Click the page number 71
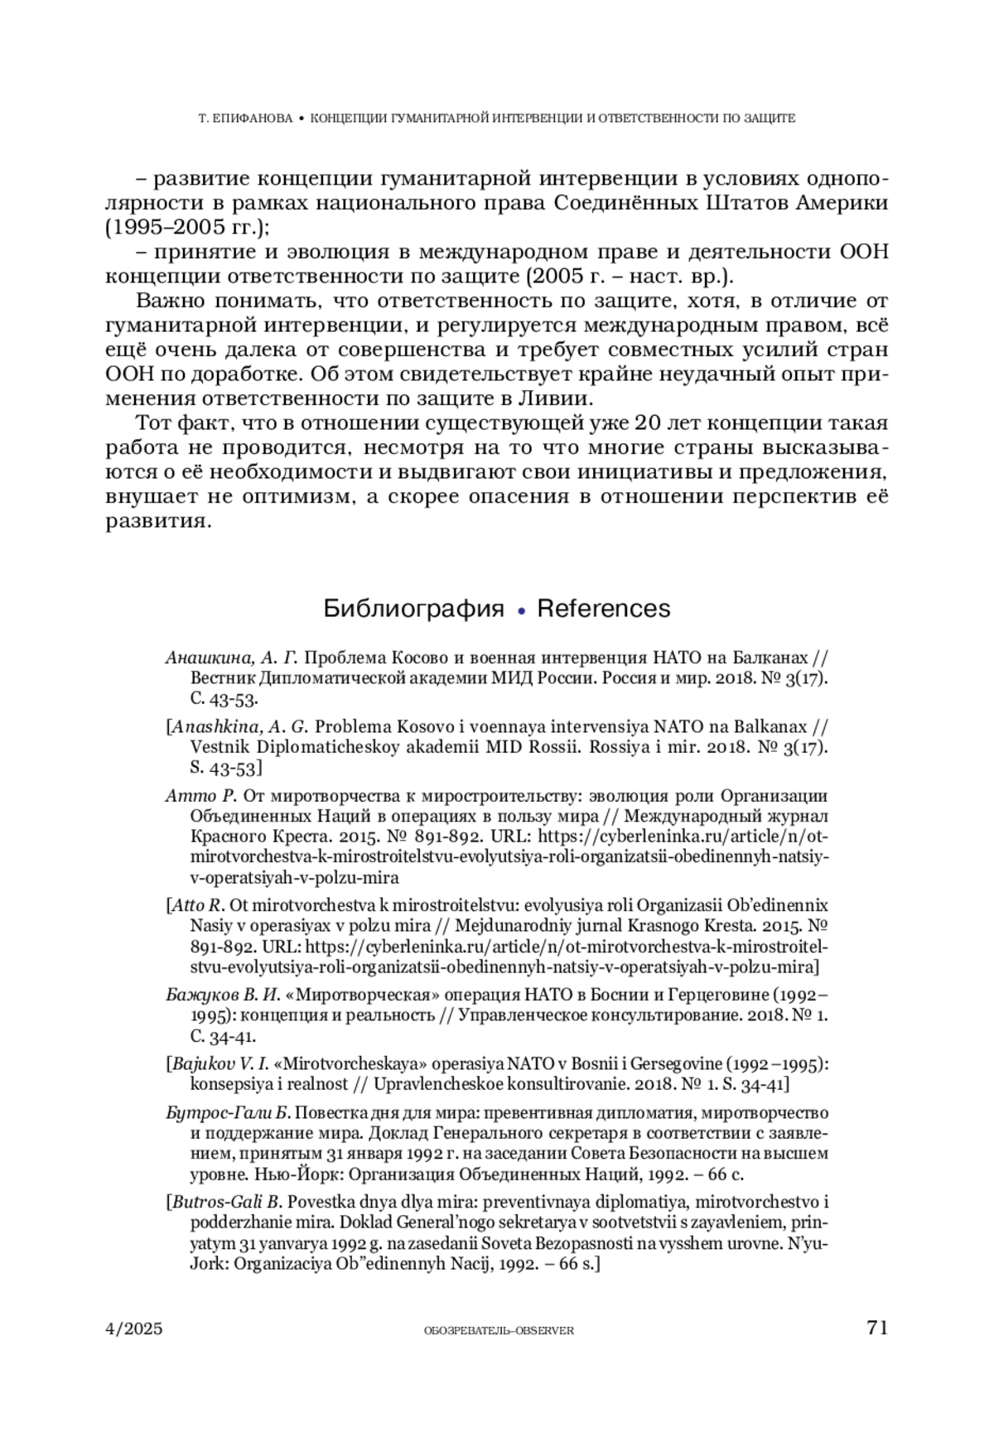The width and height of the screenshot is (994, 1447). click(x=877, y=1328)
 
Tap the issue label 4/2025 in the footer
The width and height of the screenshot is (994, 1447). click(x=134, y=1329)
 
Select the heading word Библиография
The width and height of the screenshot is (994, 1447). click(x=413, y=609)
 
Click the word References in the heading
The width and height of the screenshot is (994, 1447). click(x=604, y=609)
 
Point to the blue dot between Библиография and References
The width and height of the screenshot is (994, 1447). click(x=521, y=611)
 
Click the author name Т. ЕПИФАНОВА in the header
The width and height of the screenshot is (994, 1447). click(x=246, y=118)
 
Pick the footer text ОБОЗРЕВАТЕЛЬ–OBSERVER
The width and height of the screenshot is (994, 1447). click(x=498, y=1330)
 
